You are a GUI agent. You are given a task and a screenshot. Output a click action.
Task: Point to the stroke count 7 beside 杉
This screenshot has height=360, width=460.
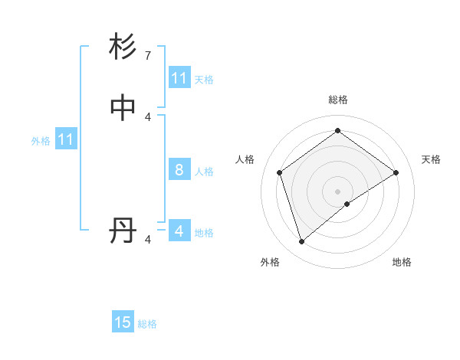147,56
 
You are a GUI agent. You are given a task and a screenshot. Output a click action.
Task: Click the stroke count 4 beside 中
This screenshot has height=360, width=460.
147,116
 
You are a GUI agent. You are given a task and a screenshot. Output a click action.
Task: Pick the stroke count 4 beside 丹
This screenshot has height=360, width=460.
147,240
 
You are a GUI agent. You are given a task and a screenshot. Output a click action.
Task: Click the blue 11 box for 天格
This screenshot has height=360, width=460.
179,78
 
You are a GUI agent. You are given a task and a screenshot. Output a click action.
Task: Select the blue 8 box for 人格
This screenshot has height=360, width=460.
179,170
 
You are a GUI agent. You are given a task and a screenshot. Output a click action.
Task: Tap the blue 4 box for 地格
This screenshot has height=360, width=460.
179,231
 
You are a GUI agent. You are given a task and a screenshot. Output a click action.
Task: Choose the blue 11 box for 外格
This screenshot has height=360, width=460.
66,139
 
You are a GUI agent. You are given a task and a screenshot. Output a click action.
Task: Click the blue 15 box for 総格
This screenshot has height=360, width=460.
123,322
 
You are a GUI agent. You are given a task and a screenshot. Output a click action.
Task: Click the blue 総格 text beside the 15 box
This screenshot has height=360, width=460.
147,324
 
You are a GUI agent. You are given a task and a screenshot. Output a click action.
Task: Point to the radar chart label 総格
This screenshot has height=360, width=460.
337,100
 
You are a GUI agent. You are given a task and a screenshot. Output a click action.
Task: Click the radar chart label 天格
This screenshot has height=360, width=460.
431,159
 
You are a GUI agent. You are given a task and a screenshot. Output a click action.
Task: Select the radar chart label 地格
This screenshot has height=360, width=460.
402,262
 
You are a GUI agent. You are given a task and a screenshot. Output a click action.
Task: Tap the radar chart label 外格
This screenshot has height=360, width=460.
270,262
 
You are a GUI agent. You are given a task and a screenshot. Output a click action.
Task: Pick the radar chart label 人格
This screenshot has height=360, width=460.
245,159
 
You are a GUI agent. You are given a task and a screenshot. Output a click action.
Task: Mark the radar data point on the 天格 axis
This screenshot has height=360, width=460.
396,172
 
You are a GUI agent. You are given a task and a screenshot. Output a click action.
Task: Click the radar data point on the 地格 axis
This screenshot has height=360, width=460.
347,204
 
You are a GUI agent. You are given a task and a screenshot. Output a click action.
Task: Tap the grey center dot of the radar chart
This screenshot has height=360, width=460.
337,191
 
